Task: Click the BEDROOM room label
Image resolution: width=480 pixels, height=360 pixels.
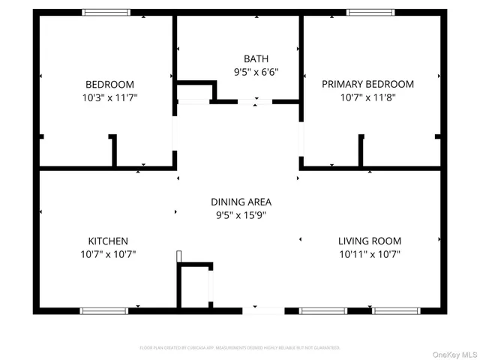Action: click(x=109, y=84)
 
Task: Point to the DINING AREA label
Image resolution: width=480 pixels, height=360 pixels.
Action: click(x=241, y=202)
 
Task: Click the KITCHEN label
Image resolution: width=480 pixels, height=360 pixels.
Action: click(x=108, y=241)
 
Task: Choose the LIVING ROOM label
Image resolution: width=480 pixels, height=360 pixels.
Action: click(x=369, y=241)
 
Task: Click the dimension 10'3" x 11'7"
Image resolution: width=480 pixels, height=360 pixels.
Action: click(x=109, y=97)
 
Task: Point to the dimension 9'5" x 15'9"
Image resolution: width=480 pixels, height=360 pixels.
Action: click(x=241, y=215)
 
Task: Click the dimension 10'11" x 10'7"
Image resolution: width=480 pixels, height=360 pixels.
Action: click(x=369, y=254)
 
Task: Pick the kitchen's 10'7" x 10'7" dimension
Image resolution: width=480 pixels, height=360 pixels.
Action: click(x=108, y=254)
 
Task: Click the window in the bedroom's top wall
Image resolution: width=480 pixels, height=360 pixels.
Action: click(x=106, y=13)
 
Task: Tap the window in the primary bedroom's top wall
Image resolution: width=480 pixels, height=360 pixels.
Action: click(x=370, y=13)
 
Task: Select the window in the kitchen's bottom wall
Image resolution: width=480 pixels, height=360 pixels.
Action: click(x=104, y=310)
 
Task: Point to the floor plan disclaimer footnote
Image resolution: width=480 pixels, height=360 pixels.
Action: click(x=240, y=348)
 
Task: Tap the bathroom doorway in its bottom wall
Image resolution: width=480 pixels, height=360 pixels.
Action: click(x=256, y=101)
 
